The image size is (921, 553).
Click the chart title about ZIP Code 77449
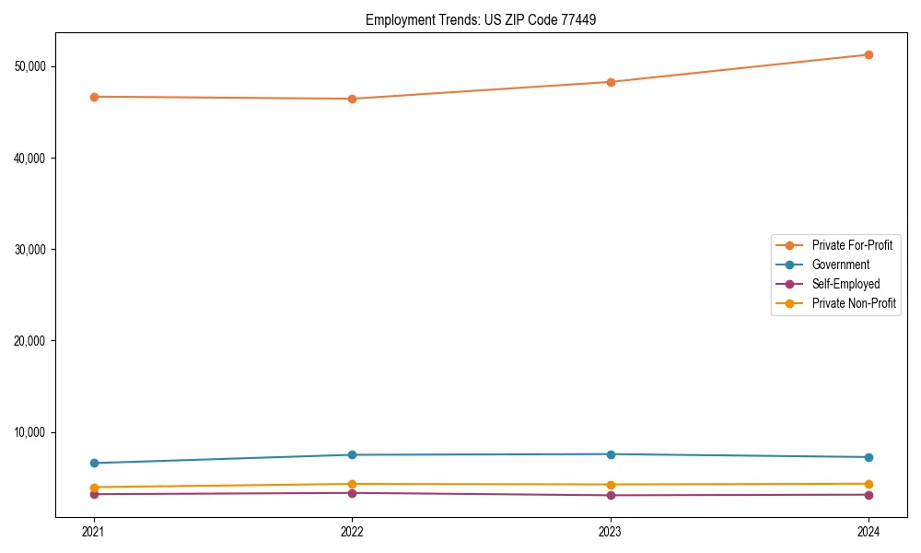point(481,19)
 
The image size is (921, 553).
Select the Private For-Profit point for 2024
point(869,54)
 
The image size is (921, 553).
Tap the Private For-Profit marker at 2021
point(94,97)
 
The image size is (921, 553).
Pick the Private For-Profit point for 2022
point(352,99)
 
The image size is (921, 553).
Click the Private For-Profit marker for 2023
point(611,82)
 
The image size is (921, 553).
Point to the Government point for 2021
point(94,463)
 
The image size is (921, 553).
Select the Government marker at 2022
point(352,454)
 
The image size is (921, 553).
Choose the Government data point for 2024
point(869,457)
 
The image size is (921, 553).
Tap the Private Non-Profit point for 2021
point(94,487)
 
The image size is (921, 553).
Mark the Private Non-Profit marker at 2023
point(611,485)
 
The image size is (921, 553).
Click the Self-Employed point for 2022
point(352,493)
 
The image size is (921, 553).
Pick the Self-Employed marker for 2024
point(869,495)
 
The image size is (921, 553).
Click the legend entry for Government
point(840,265)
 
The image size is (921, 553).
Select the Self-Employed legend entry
point(845,284)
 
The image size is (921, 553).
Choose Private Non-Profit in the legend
point(854,303)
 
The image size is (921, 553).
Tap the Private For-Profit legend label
point(852,245)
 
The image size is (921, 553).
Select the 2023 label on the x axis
point(611,531)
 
